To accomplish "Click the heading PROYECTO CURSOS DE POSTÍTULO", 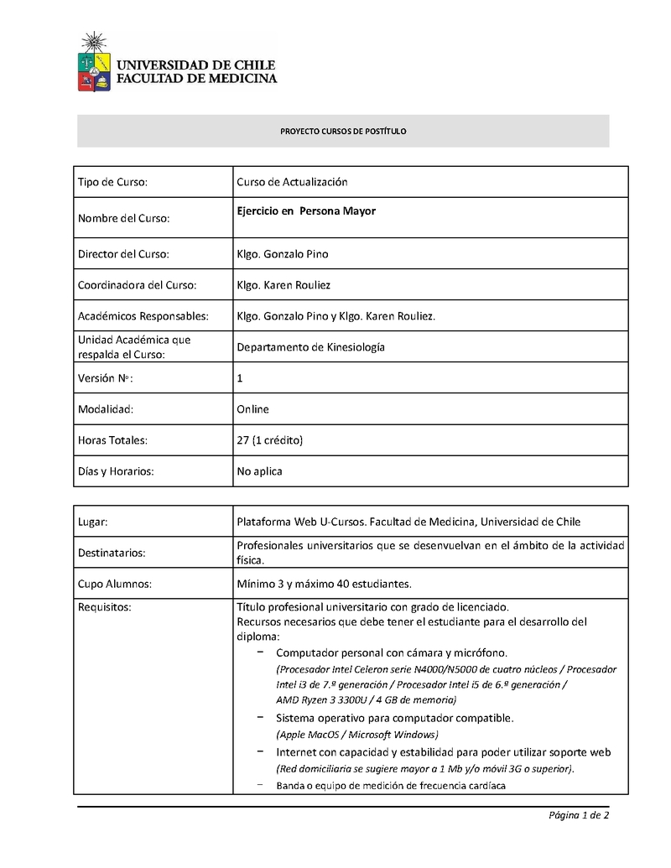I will (x=343, y=132).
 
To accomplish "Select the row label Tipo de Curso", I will (x=112, y=182).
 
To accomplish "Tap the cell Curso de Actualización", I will (x=292, y=182).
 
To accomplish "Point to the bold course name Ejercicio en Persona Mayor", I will (x=306, y=211).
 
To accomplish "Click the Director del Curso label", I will (x=123, y=253).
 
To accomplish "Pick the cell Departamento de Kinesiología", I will (x=310, y=347).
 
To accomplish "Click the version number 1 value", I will (x=240, y=378).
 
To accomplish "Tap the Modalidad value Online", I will (x=252, y=409).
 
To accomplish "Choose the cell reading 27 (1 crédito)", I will (x=269, y=440).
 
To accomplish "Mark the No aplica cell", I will (x=259, y=471).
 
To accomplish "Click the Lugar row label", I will (x=93, y=522).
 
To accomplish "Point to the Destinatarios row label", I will (x=112, y=553).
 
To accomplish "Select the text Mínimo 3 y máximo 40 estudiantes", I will (x=324, y=584).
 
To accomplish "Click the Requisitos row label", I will (x=105, y=607).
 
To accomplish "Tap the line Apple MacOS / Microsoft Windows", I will (x=357, y=735).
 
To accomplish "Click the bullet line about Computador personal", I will (x=392, y=652).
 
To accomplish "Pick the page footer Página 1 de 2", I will (x=579, y=815).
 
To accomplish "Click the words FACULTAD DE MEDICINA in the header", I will (x=196, y=79).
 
